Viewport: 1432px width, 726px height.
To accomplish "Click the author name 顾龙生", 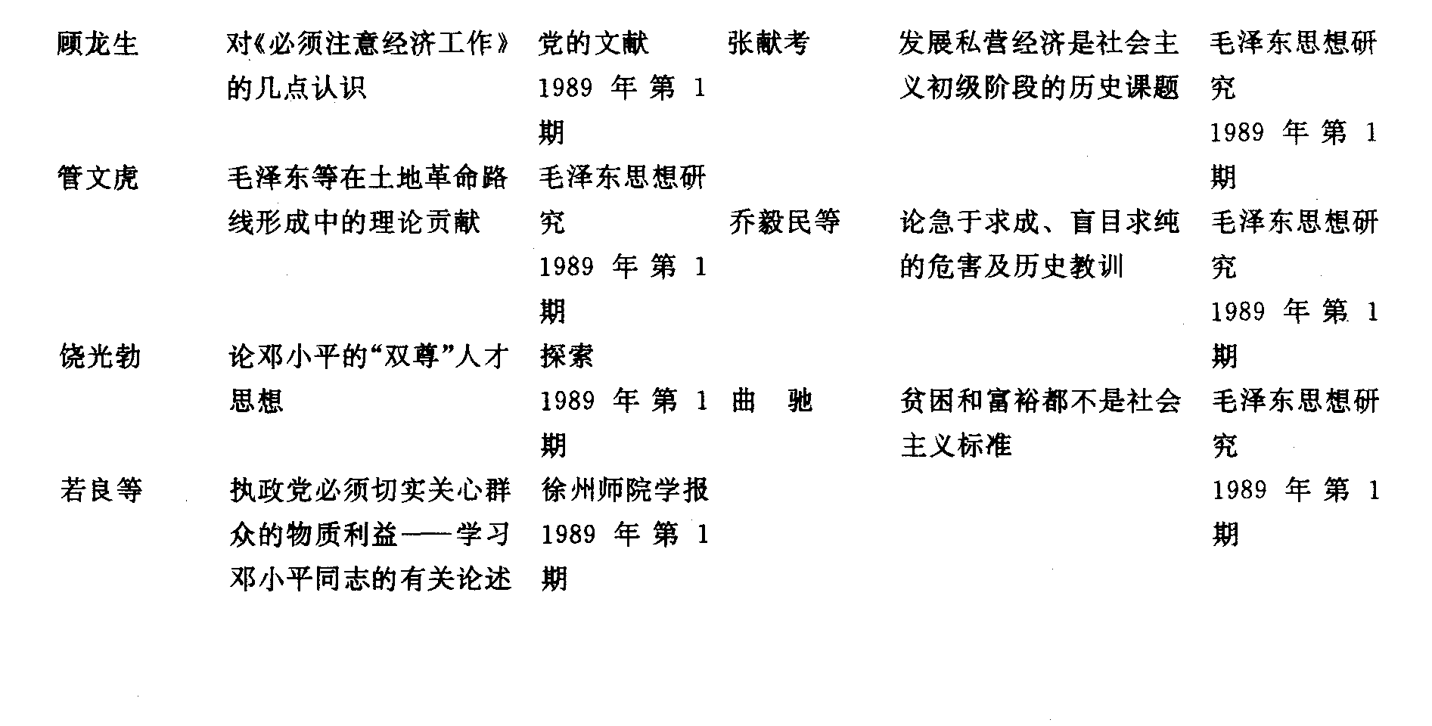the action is (x=98, y=44).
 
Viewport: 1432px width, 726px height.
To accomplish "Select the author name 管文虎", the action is (x=98, y=178).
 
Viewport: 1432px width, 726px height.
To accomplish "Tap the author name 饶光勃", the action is (x=100, y=356).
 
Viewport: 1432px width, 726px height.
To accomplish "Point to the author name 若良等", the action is (x=101, y=491).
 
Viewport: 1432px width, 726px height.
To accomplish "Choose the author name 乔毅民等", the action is (x=784, y=222).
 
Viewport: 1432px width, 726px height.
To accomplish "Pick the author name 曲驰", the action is (x=772, y=401).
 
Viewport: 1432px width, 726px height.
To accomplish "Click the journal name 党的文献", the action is (x=594, y=44).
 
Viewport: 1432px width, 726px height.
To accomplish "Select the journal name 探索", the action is (x=567, y=356).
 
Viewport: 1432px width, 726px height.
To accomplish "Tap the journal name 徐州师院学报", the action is (x=626, y=491).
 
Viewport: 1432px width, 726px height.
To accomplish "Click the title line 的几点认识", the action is (x=297, y=88).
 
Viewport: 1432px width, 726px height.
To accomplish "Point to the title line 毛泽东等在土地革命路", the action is (x=368, y=178).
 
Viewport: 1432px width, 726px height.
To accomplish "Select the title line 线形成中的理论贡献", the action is (x=354, y=222).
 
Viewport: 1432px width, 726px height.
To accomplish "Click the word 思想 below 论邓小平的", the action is (x=256, y=401).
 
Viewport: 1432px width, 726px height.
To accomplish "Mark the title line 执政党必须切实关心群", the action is (x=371, y=491).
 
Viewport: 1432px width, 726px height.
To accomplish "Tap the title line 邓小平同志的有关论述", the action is (x=371, y=579).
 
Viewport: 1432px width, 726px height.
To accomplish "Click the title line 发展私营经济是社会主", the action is (x=1039, y=44).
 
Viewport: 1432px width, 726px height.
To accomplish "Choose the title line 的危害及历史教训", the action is (x=1012, y=267).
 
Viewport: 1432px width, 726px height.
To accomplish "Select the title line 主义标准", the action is (x=957, y=445).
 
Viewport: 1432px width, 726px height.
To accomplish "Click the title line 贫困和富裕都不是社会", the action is (x=1041, y=401).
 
